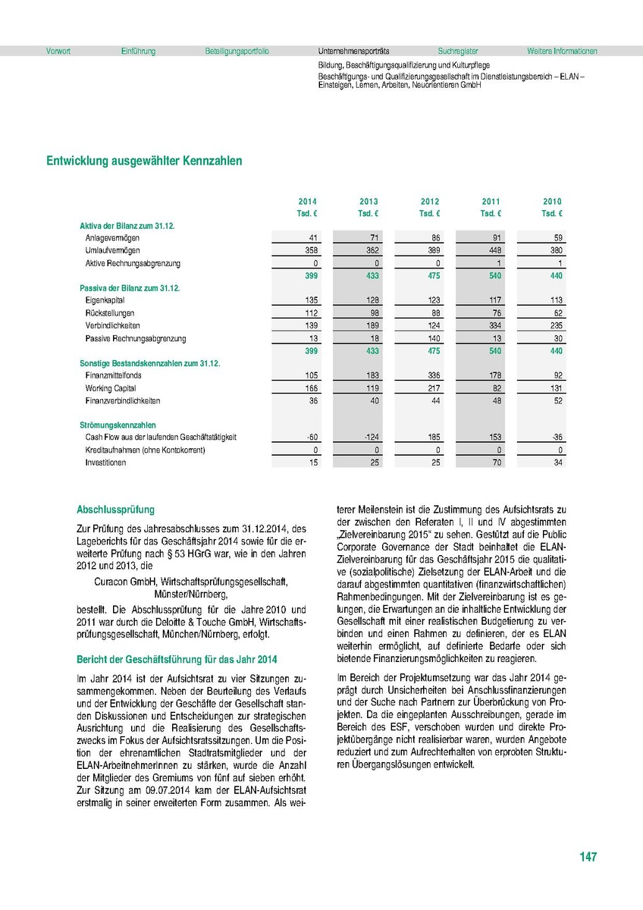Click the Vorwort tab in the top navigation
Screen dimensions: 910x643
coord(58,52)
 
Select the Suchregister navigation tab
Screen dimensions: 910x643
coord(458,52)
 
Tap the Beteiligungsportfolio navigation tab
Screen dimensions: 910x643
coord(237,52)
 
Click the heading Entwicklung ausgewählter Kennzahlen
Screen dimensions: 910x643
coord(144,161)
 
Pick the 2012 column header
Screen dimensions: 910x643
coord(430,202)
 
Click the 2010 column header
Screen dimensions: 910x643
coord(552,202)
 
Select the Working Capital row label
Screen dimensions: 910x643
coord(109,388)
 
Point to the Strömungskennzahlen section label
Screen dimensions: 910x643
coord(118,425)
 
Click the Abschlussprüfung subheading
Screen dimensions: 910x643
coord(115,510)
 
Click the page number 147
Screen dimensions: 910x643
coord(588,857)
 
